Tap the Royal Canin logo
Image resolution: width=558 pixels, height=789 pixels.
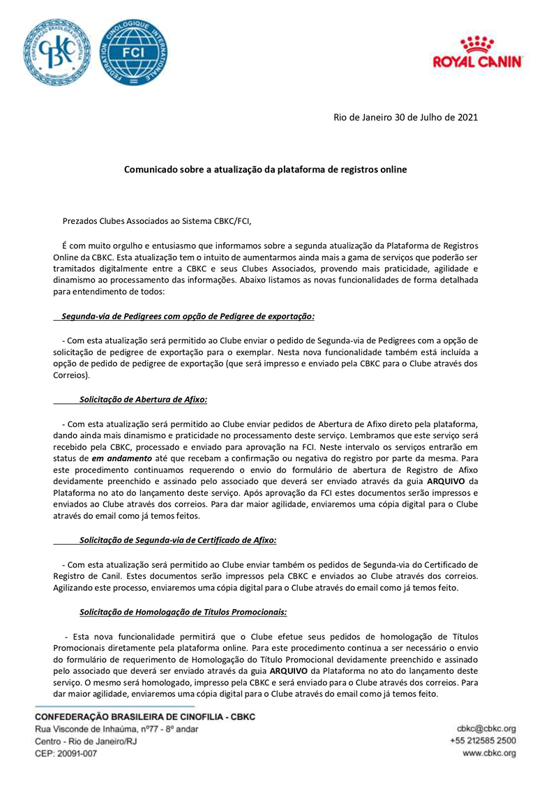(x=478, y=54)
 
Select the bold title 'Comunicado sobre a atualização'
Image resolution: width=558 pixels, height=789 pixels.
(x=264, y=169)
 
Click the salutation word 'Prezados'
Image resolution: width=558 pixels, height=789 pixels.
(x=82, y=222)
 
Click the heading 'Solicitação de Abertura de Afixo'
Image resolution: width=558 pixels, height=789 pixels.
(x=143, y=400)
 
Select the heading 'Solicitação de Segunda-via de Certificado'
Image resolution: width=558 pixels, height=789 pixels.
(x=178, y=539)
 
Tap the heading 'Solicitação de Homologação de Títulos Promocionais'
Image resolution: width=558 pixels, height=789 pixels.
(x=183, y=612)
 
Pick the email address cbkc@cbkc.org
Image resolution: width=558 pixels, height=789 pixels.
(x=486, y=728)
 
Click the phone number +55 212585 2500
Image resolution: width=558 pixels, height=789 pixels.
(x=483, y=741)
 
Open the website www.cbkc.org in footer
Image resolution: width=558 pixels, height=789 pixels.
(x=489, y=753)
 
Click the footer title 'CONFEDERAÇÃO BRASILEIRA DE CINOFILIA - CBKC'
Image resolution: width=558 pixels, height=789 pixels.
(x=135, y=716)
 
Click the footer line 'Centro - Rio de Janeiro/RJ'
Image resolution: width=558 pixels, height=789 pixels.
(x=86, y=742)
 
